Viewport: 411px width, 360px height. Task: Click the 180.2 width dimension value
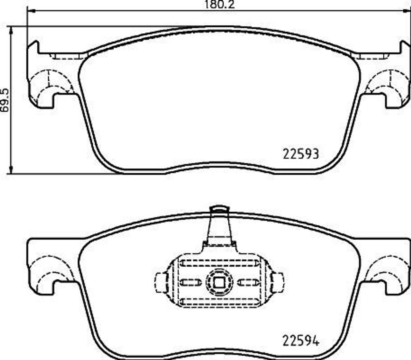219,4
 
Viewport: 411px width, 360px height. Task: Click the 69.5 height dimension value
5,100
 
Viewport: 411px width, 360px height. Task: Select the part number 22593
301,154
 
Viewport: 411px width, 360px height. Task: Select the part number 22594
301,341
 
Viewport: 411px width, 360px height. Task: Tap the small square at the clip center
220,282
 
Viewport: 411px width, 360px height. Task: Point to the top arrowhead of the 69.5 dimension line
11,30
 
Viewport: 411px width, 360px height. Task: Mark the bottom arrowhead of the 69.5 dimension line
11,170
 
